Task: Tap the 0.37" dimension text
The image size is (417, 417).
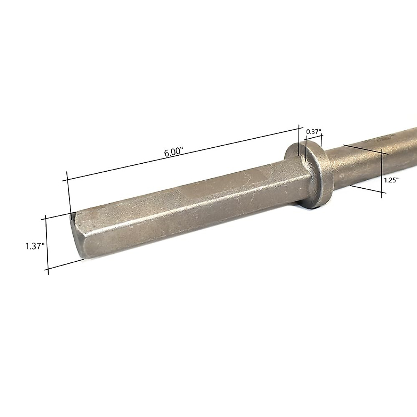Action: click(313, 132)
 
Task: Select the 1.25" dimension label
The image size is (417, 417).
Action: click(391, 180)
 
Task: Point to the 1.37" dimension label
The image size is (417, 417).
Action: click(34, 246)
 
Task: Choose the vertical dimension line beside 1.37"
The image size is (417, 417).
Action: click(47, 244)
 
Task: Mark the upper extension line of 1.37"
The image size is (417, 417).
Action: click(57, 216)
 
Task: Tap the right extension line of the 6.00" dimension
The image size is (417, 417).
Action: click(299, 141)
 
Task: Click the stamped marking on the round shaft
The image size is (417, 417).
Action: click(386, 138)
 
